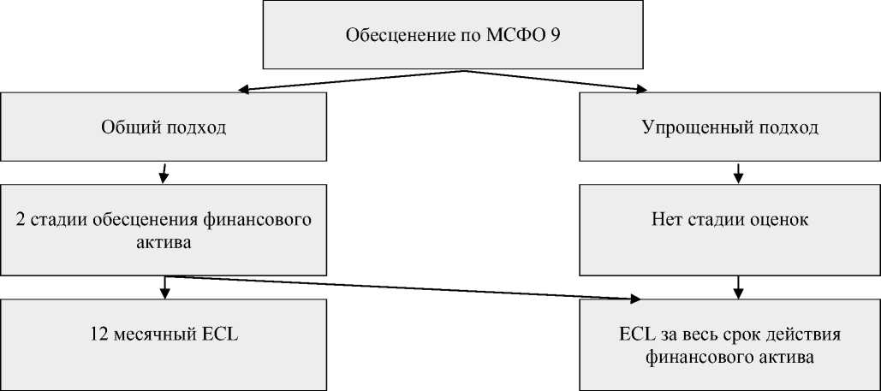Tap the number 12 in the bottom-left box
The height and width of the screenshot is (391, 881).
pos(96,335)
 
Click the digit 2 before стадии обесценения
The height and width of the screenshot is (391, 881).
pos(20,220)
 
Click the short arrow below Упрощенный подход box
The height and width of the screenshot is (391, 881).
pos(738,174)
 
